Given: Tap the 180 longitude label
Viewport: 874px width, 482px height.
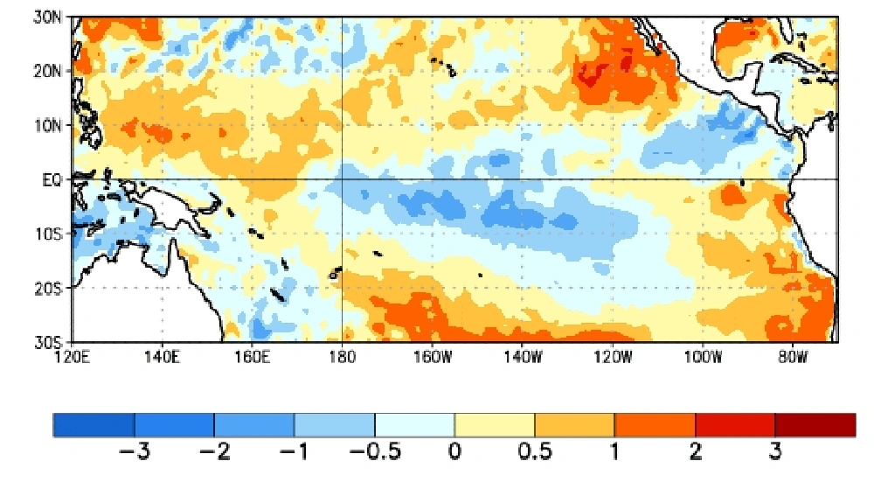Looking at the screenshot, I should (x=341, y=357).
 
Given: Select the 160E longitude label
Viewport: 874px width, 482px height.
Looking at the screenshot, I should (x=252, y=357).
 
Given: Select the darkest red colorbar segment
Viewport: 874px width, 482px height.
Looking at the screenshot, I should (x=815, y=424).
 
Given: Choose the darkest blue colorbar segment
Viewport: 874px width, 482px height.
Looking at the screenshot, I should (x=94, y=424).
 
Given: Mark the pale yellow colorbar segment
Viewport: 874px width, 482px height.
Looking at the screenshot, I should (x=495, y=424).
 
